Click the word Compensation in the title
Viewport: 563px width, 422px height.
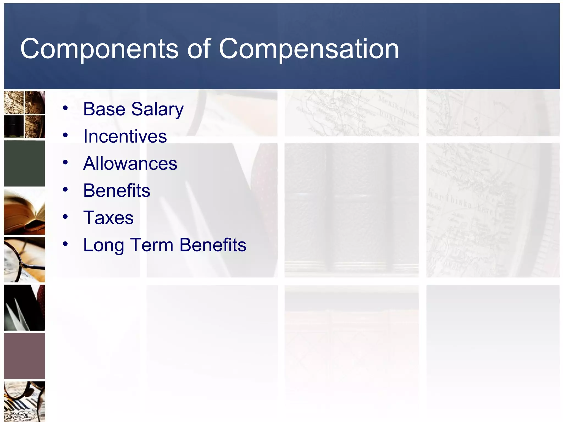tap(308, 49)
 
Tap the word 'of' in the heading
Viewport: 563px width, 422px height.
tap(199, 49)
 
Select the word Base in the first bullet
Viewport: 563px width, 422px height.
tap(104, 109)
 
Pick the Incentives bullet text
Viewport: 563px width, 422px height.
tap(125, 136)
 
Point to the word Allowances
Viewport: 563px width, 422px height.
tap(130, 163)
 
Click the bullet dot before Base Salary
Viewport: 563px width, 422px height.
tap(65, 108)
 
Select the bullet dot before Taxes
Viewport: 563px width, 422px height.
tap(65, 217)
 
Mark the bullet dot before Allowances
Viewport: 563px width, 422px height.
tap(65, 162)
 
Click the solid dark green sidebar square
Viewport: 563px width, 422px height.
tap(24, 163)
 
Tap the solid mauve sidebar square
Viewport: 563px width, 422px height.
tap(24, 356)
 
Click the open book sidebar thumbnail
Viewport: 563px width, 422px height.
tap(24, 212)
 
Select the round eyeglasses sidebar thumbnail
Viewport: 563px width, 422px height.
tap(24, 260)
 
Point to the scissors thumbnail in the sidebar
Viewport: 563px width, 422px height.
tap(24, 308)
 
